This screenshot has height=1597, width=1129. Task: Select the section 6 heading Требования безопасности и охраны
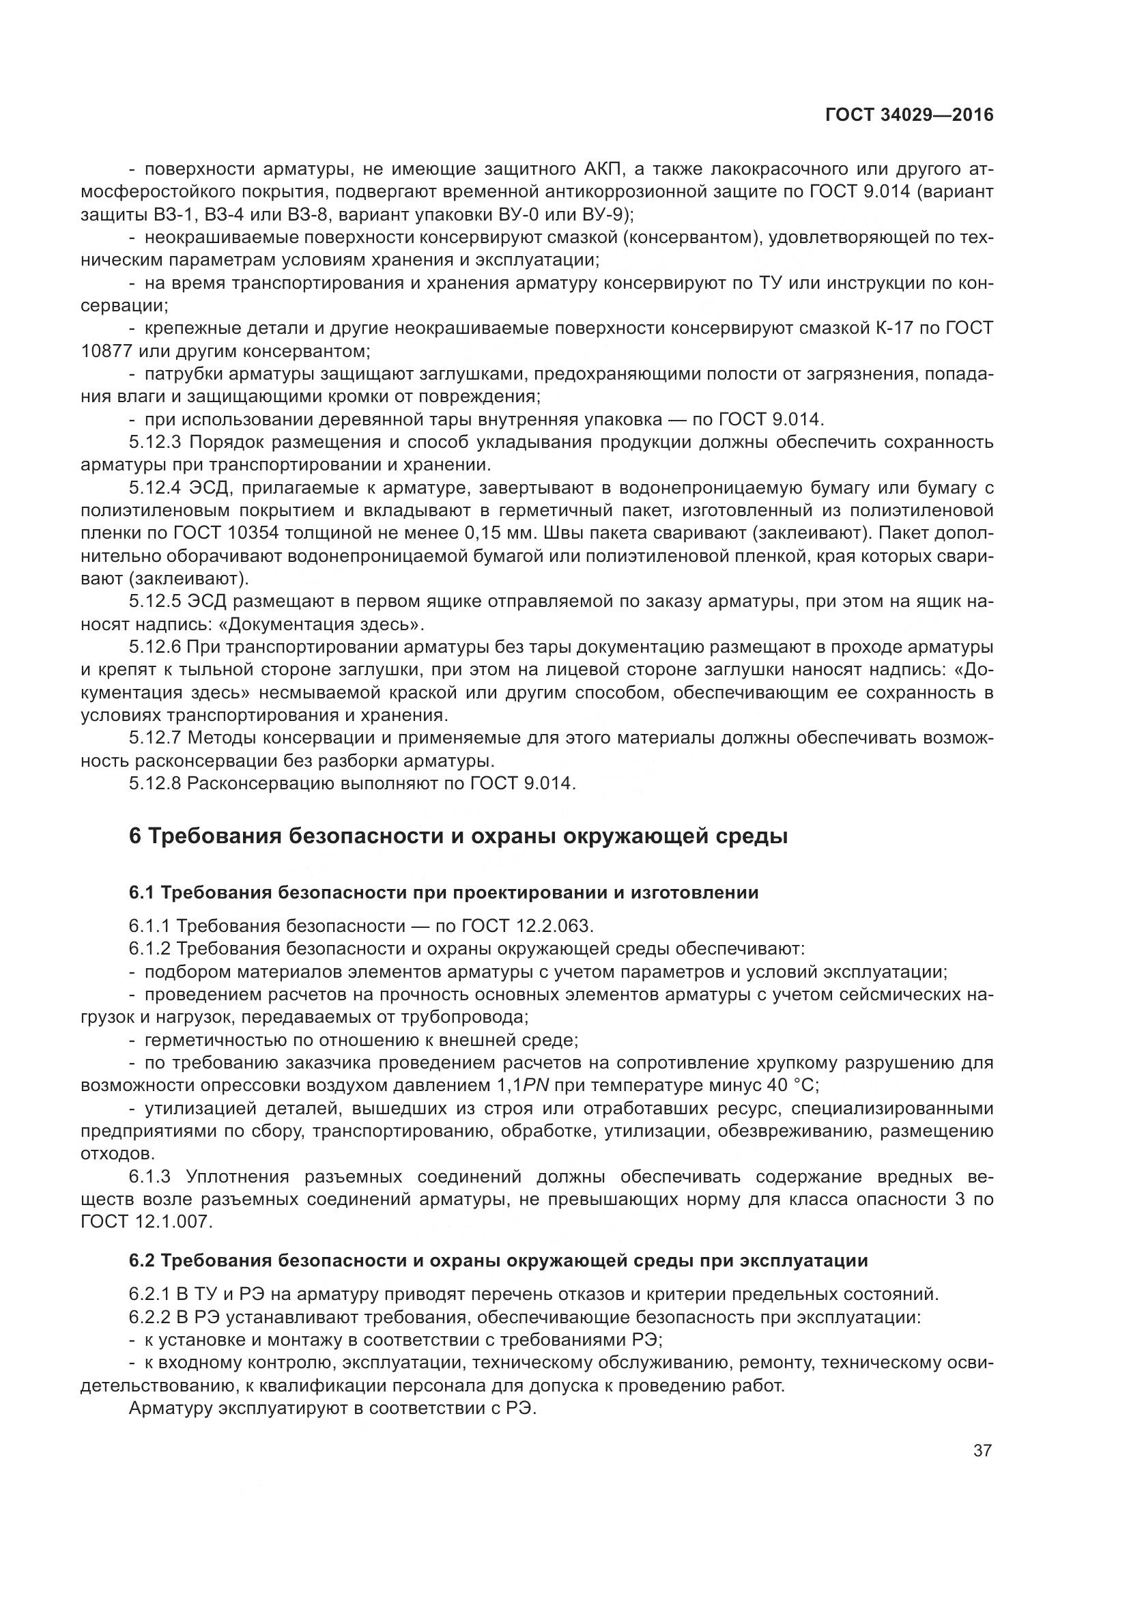tap(458, 835)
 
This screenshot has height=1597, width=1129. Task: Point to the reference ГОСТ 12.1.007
tap(147, 1221)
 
